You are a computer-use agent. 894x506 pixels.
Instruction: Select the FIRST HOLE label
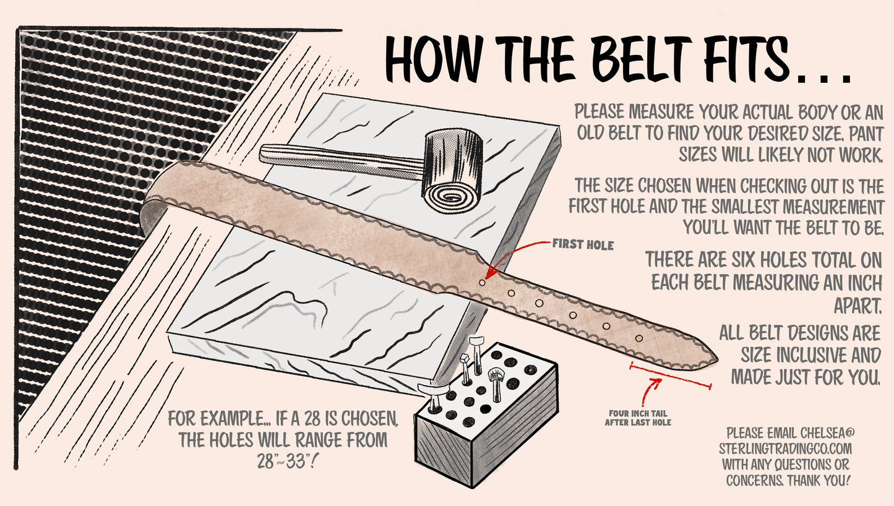[583, 246]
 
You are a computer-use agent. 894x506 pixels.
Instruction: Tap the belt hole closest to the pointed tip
[640, 338]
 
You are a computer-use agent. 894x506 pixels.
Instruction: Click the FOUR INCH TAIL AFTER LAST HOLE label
[638, 418]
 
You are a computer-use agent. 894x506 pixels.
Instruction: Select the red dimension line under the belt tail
[670, 377]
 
